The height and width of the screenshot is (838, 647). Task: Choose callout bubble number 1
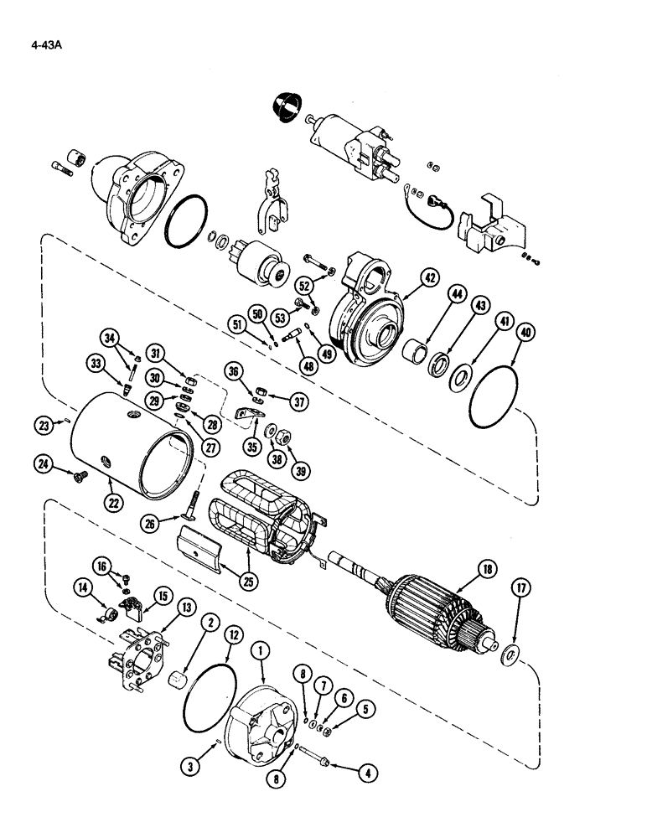265,647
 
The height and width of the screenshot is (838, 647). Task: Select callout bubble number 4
364,774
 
